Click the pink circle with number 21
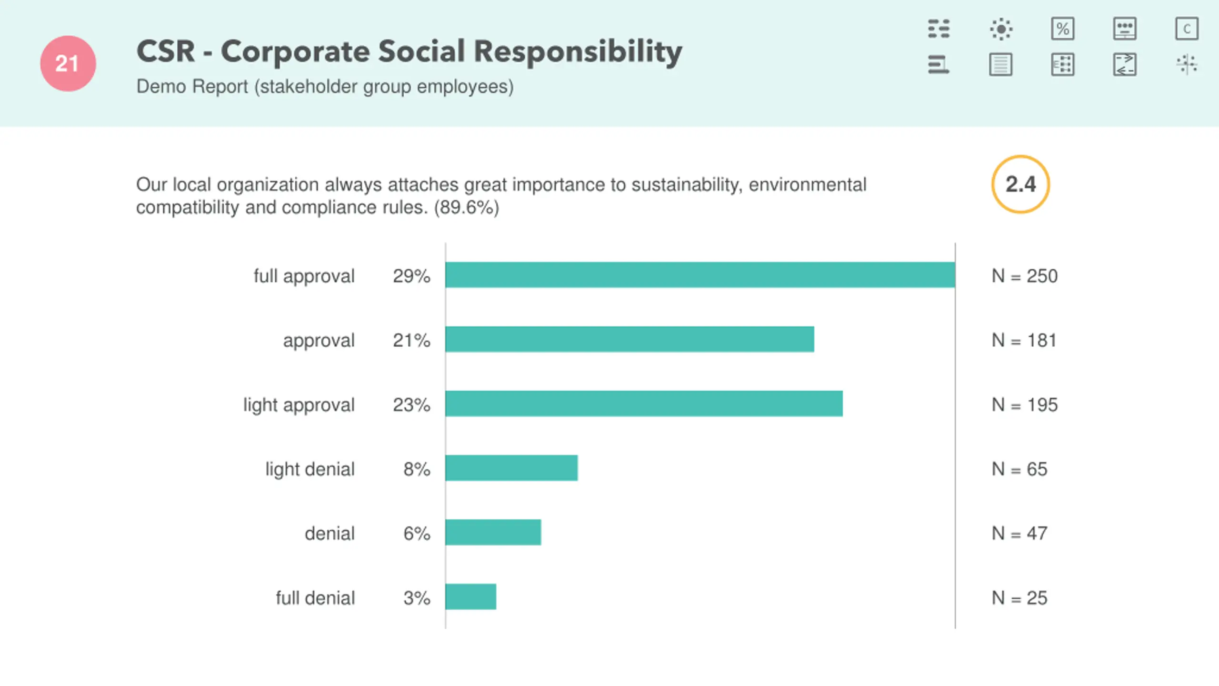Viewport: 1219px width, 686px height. coord(68,63)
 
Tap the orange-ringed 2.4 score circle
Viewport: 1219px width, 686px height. coord(1020,184)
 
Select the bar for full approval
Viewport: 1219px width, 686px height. coord(700,275)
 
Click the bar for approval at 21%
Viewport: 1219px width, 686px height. coord(629,339)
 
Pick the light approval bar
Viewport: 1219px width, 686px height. coord(644,404)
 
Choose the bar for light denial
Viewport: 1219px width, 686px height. coord(511,468)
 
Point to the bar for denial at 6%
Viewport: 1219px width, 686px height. coord(493,532)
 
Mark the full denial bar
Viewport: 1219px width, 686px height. coord(470,596)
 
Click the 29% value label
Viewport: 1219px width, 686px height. coord(411,276)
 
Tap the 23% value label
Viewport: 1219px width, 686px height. coord(411,404)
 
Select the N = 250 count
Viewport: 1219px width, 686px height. coord(1024,276)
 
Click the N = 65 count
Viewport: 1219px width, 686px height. coord(1019,469)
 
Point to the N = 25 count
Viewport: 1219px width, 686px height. coord(1019,597)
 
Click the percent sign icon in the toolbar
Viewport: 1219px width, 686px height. coord(1062,29)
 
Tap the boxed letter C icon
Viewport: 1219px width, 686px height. coord(1187,29)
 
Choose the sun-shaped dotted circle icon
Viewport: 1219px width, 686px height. coord(1001,29)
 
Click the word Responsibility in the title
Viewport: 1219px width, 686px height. coord(578,51)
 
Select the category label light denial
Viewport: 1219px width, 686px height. coord(310,469)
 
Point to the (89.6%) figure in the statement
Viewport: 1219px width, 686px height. coord(466,207)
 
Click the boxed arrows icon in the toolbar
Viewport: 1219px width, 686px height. coord(1125,64)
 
